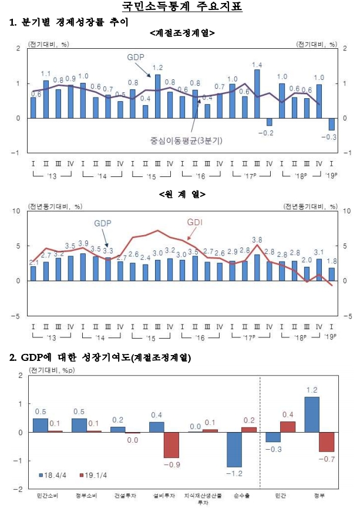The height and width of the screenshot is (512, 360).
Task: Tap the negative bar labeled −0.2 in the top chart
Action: click(270, 122)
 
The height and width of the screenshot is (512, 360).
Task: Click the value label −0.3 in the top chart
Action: click(332, 137)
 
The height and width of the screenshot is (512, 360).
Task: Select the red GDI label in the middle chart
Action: click(195, 222)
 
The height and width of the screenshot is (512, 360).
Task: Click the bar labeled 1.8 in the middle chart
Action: click(332, 274)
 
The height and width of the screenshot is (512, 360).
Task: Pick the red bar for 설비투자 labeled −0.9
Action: click(171, 445)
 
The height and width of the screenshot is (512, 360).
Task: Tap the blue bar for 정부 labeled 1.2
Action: click(312, 414)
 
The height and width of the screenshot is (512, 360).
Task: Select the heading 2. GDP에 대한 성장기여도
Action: click(100, 357)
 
